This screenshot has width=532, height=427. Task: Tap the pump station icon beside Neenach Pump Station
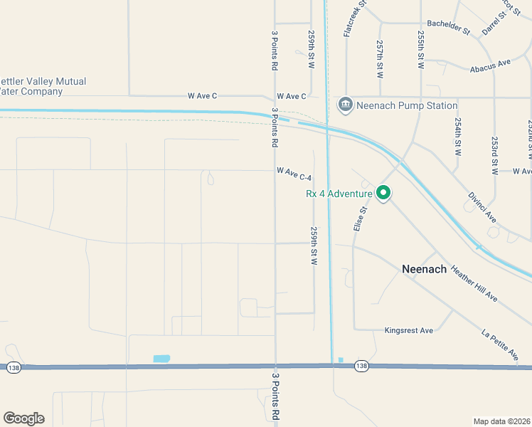pyautogui.click(x=346, y=105)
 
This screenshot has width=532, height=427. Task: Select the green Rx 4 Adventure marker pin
pyautogui.click(x=383, y=193)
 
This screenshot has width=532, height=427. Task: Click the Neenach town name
pyautogui.click(x=424, y=269)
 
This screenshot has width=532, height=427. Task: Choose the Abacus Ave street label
pyautogui.click(x=491, y=65)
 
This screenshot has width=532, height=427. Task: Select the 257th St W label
pyautogui.click(x=381, y=58)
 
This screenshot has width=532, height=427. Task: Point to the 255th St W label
pyautogui.click(x=421, y=49)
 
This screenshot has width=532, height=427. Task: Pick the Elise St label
pyautogui.click(x=359, y=218)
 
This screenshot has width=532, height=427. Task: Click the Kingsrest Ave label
pyautogui.click(x=408, y=331)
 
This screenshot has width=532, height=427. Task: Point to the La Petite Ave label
pyautogui.click(x=500, y=344)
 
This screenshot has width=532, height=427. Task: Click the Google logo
pyautogui.click(x=23, y=418)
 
